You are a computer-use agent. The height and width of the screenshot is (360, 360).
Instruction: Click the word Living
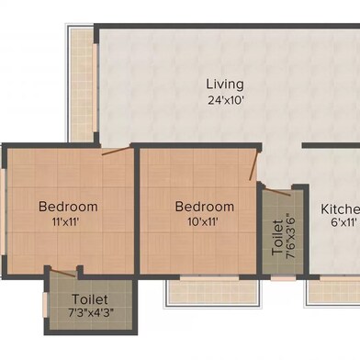coord(225,84)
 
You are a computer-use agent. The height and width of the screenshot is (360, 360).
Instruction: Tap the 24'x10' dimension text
coord(226,100)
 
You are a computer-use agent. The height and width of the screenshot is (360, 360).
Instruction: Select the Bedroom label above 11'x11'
coord(68,207)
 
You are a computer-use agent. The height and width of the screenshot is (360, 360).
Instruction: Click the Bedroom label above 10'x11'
coord(205,207)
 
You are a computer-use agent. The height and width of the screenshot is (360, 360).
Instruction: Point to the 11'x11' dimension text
coord(66,221)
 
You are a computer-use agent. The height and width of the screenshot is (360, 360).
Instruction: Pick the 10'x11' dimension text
coord(203,221)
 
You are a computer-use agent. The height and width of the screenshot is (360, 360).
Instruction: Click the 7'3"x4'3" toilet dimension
coord(91,313)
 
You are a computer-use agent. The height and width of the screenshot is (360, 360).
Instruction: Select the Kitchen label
coord(340,209)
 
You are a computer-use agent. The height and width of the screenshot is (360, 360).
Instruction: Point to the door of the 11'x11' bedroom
coord(117,151)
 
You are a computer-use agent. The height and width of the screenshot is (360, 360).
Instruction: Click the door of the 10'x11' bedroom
coord(254,165)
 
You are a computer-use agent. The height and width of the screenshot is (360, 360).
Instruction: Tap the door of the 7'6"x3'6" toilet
coord(277,192)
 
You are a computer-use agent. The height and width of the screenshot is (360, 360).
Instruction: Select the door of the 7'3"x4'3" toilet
coord(63,273)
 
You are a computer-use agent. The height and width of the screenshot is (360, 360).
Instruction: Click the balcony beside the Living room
coord(82,84)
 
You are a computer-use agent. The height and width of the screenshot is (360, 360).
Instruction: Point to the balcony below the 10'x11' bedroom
coord(213,292)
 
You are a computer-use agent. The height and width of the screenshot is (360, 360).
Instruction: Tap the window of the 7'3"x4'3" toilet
coord(45,305)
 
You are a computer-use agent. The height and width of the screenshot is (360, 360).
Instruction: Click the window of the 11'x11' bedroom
coord(3,211)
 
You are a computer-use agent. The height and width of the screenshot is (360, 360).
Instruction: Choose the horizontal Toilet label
coord(90,299)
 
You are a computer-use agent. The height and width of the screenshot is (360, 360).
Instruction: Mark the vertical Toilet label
coord(277,237)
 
